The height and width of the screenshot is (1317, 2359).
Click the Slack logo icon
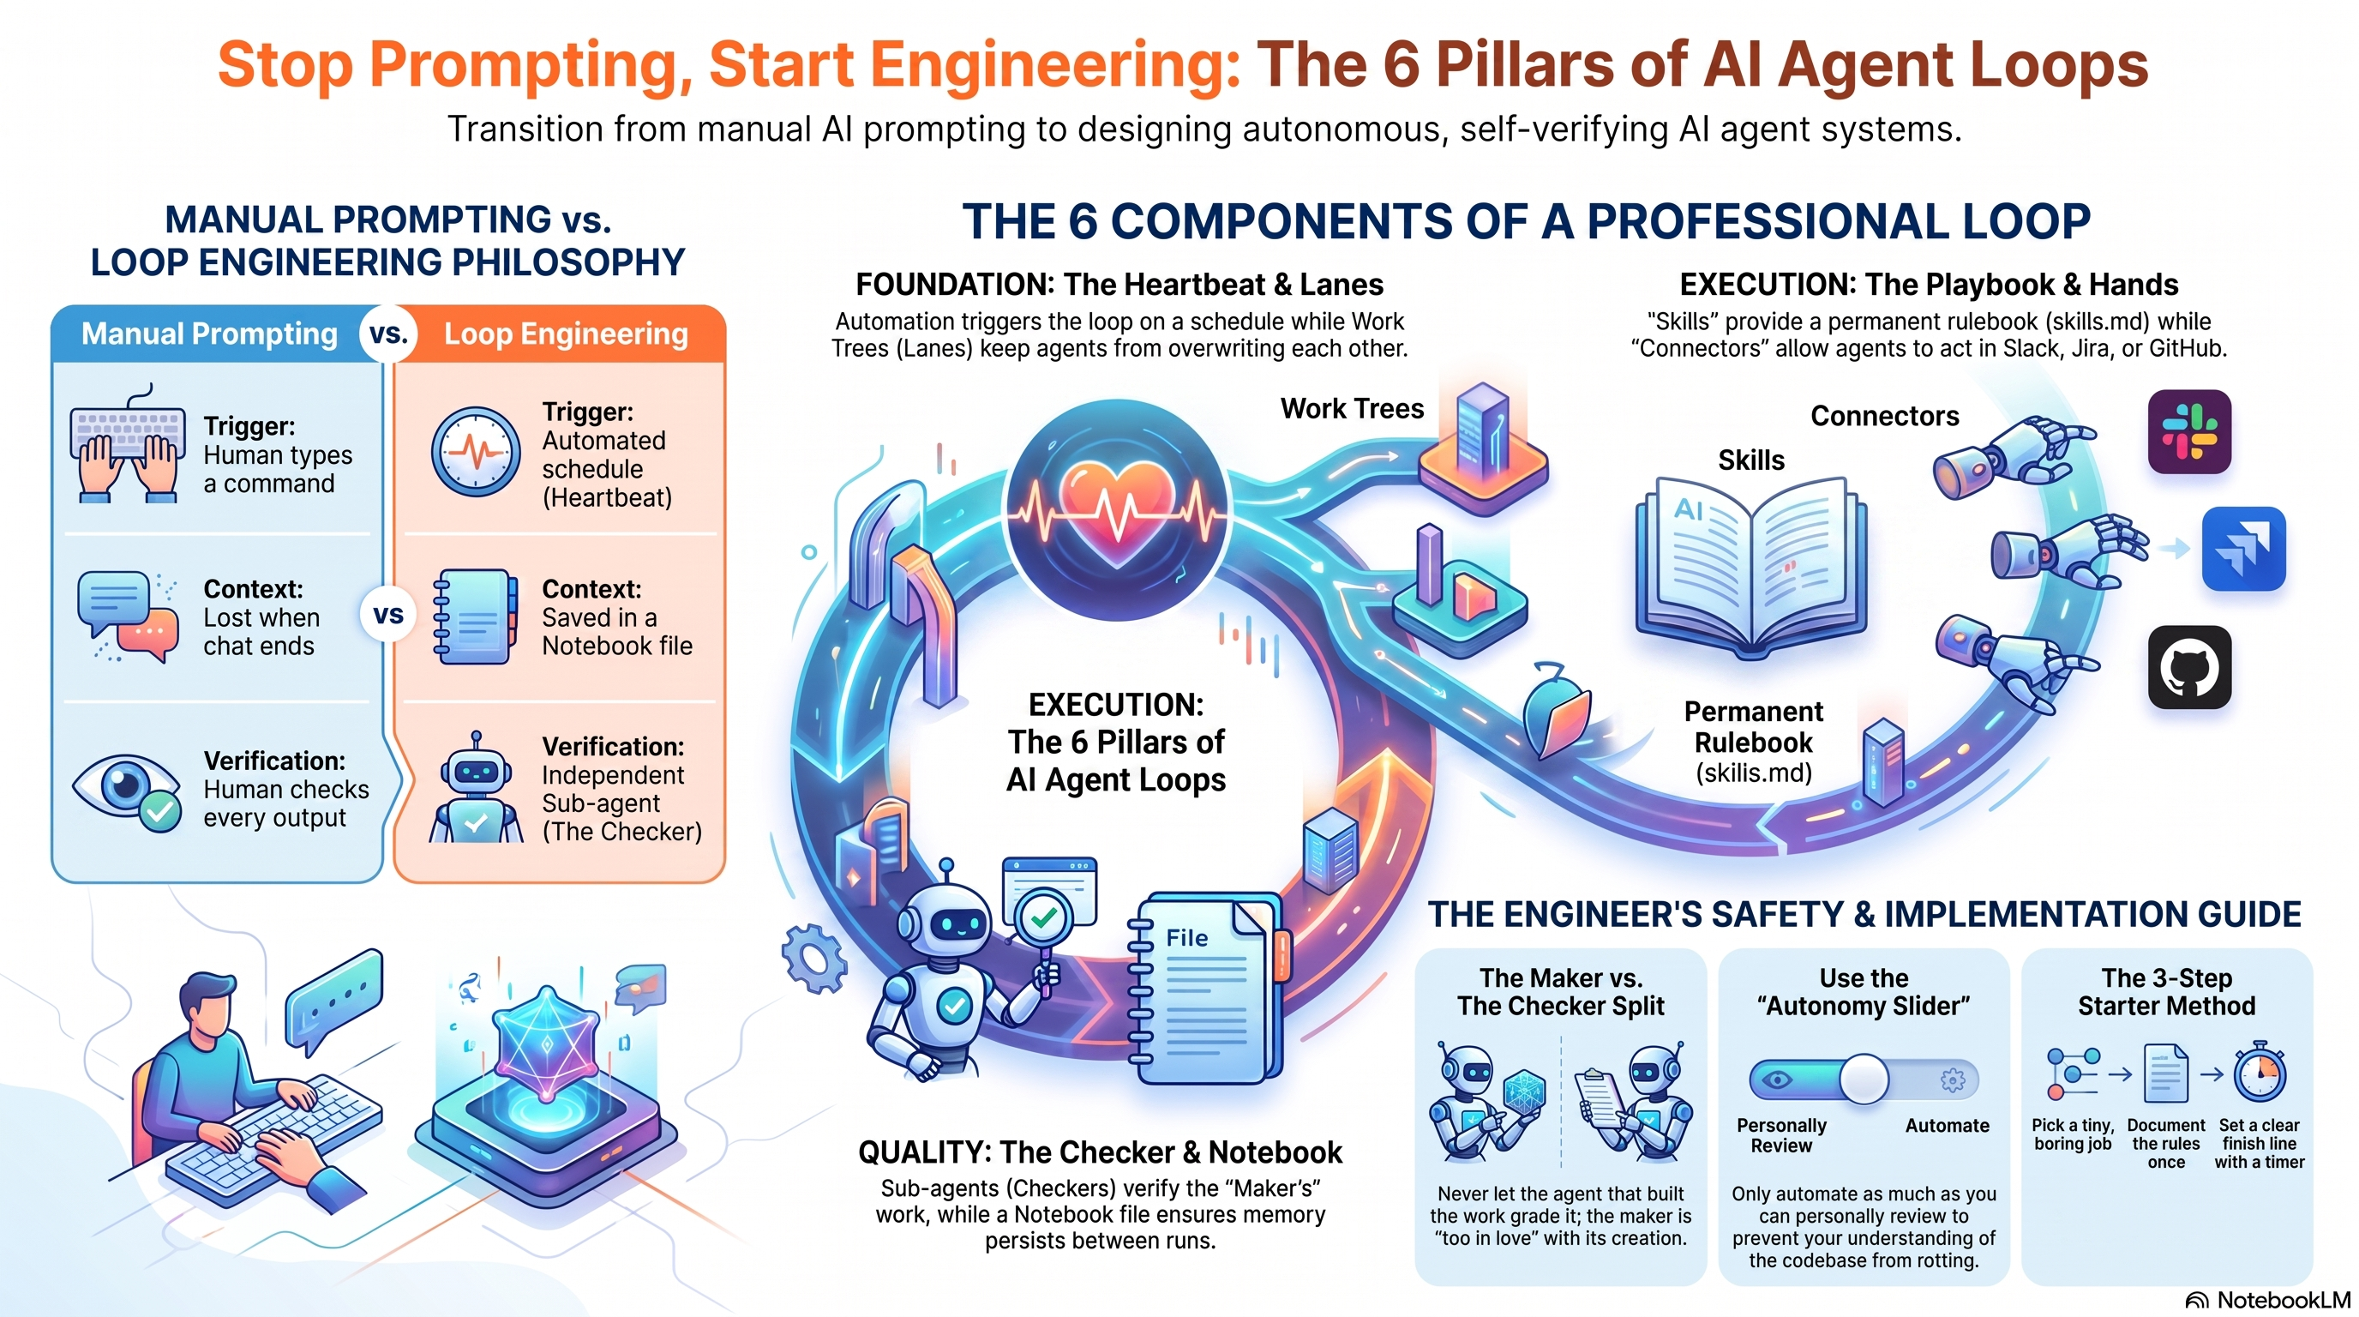[x=2189, y=431]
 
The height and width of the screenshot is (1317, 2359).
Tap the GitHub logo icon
[x=2189, y=667]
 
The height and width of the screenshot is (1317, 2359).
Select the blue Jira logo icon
[x=2243, y=549]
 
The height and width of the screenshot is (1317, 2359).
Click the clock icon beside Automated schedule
[x=475, y=453]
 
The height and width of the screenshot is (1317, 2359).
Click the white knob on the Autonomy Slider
[x=1864, y=1079]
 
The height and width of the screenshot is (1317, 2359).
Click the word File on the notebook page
[x=1187, y=938]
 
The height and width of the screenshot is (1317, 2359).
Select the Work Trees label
[x=1352, y=408]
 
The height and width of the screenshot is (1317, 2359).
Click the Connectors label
[x=1885, y=416]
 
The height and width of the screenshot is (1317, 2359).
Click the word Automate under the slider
[x=1947, y=1126]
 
